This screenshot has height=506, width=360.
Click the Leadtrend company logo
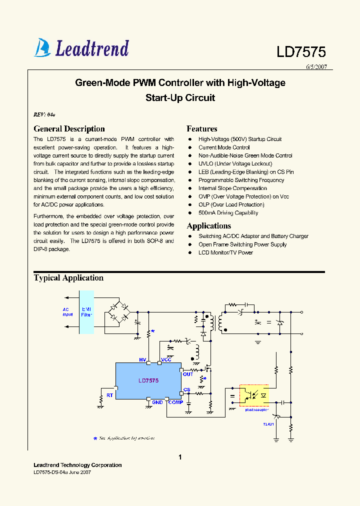click(81, 48)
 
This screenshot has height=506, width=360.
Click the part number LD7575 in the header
click(301, 52)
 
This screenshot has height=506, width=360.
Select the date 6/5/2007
click(316, 66)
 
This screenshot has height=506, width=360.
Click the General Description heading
click(69, 129)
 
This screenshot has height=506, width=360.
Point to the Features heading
click(202, 129)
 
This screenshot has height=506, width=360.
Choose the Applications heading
click(208, 226)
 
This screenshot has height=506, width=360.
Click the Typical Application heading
click(68, 278)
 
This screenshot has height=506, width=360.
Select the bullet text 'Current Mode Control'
click(224, 147)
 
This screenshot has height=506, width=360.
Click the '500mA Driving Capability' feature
click(228, 213)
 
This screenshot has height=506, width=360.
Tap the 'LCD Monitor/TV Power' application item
click(225, 252)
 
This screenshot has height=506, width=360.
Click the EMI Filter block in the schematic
click(86, 312)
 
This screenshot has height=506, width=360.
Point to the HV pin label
click(142, 359)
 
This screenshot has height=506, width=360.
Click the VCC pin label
click(166, 359)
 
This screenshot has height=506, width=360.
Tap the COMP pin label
click(175, 402)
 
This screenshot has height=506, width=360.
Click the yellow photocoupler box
click(254, 395)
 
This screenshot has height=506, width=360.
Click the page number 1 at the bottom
click(180, 457)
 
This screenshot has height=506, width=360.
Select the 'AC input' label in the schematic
click(68, 312)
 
